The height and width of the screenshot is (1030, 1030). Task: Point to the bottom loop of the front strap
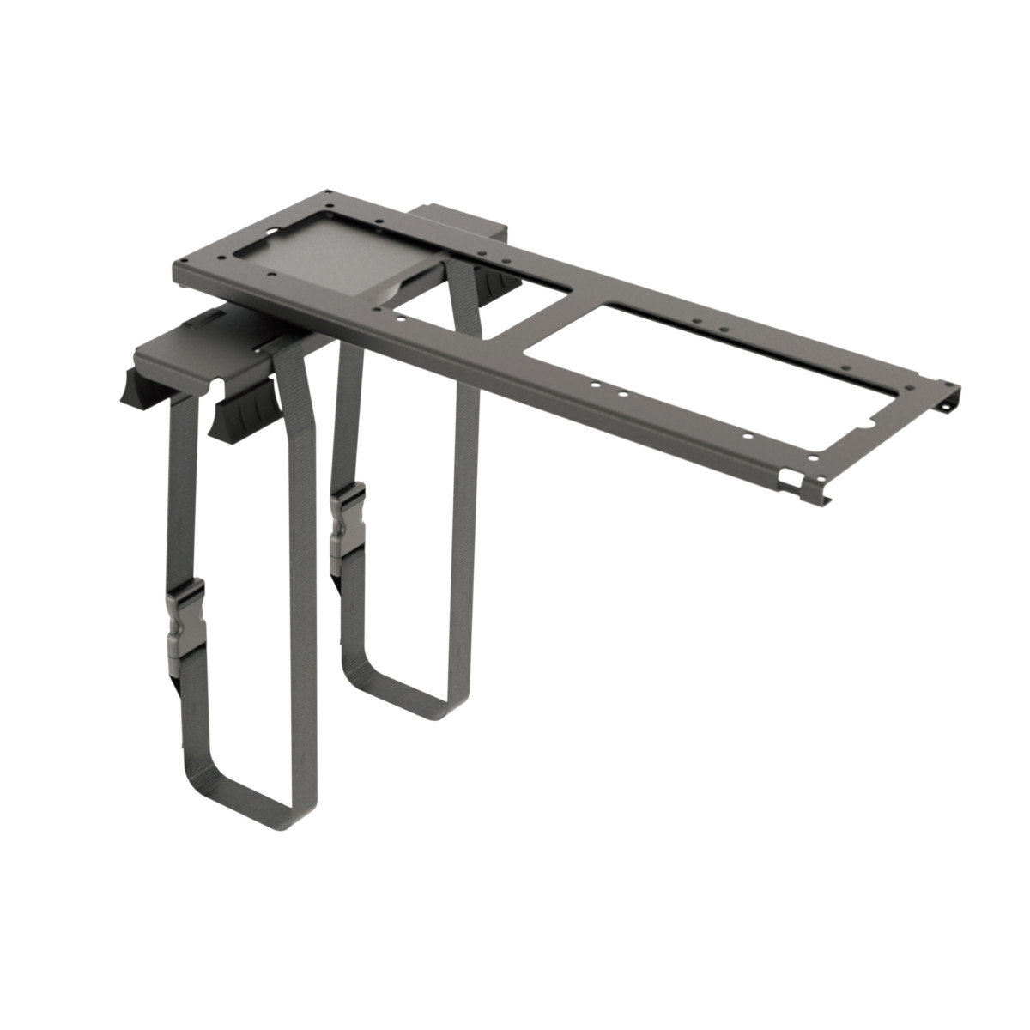tap(253, 802)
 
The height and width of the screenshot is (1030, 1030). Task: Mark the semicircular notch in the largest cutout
tap(867, 424)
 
